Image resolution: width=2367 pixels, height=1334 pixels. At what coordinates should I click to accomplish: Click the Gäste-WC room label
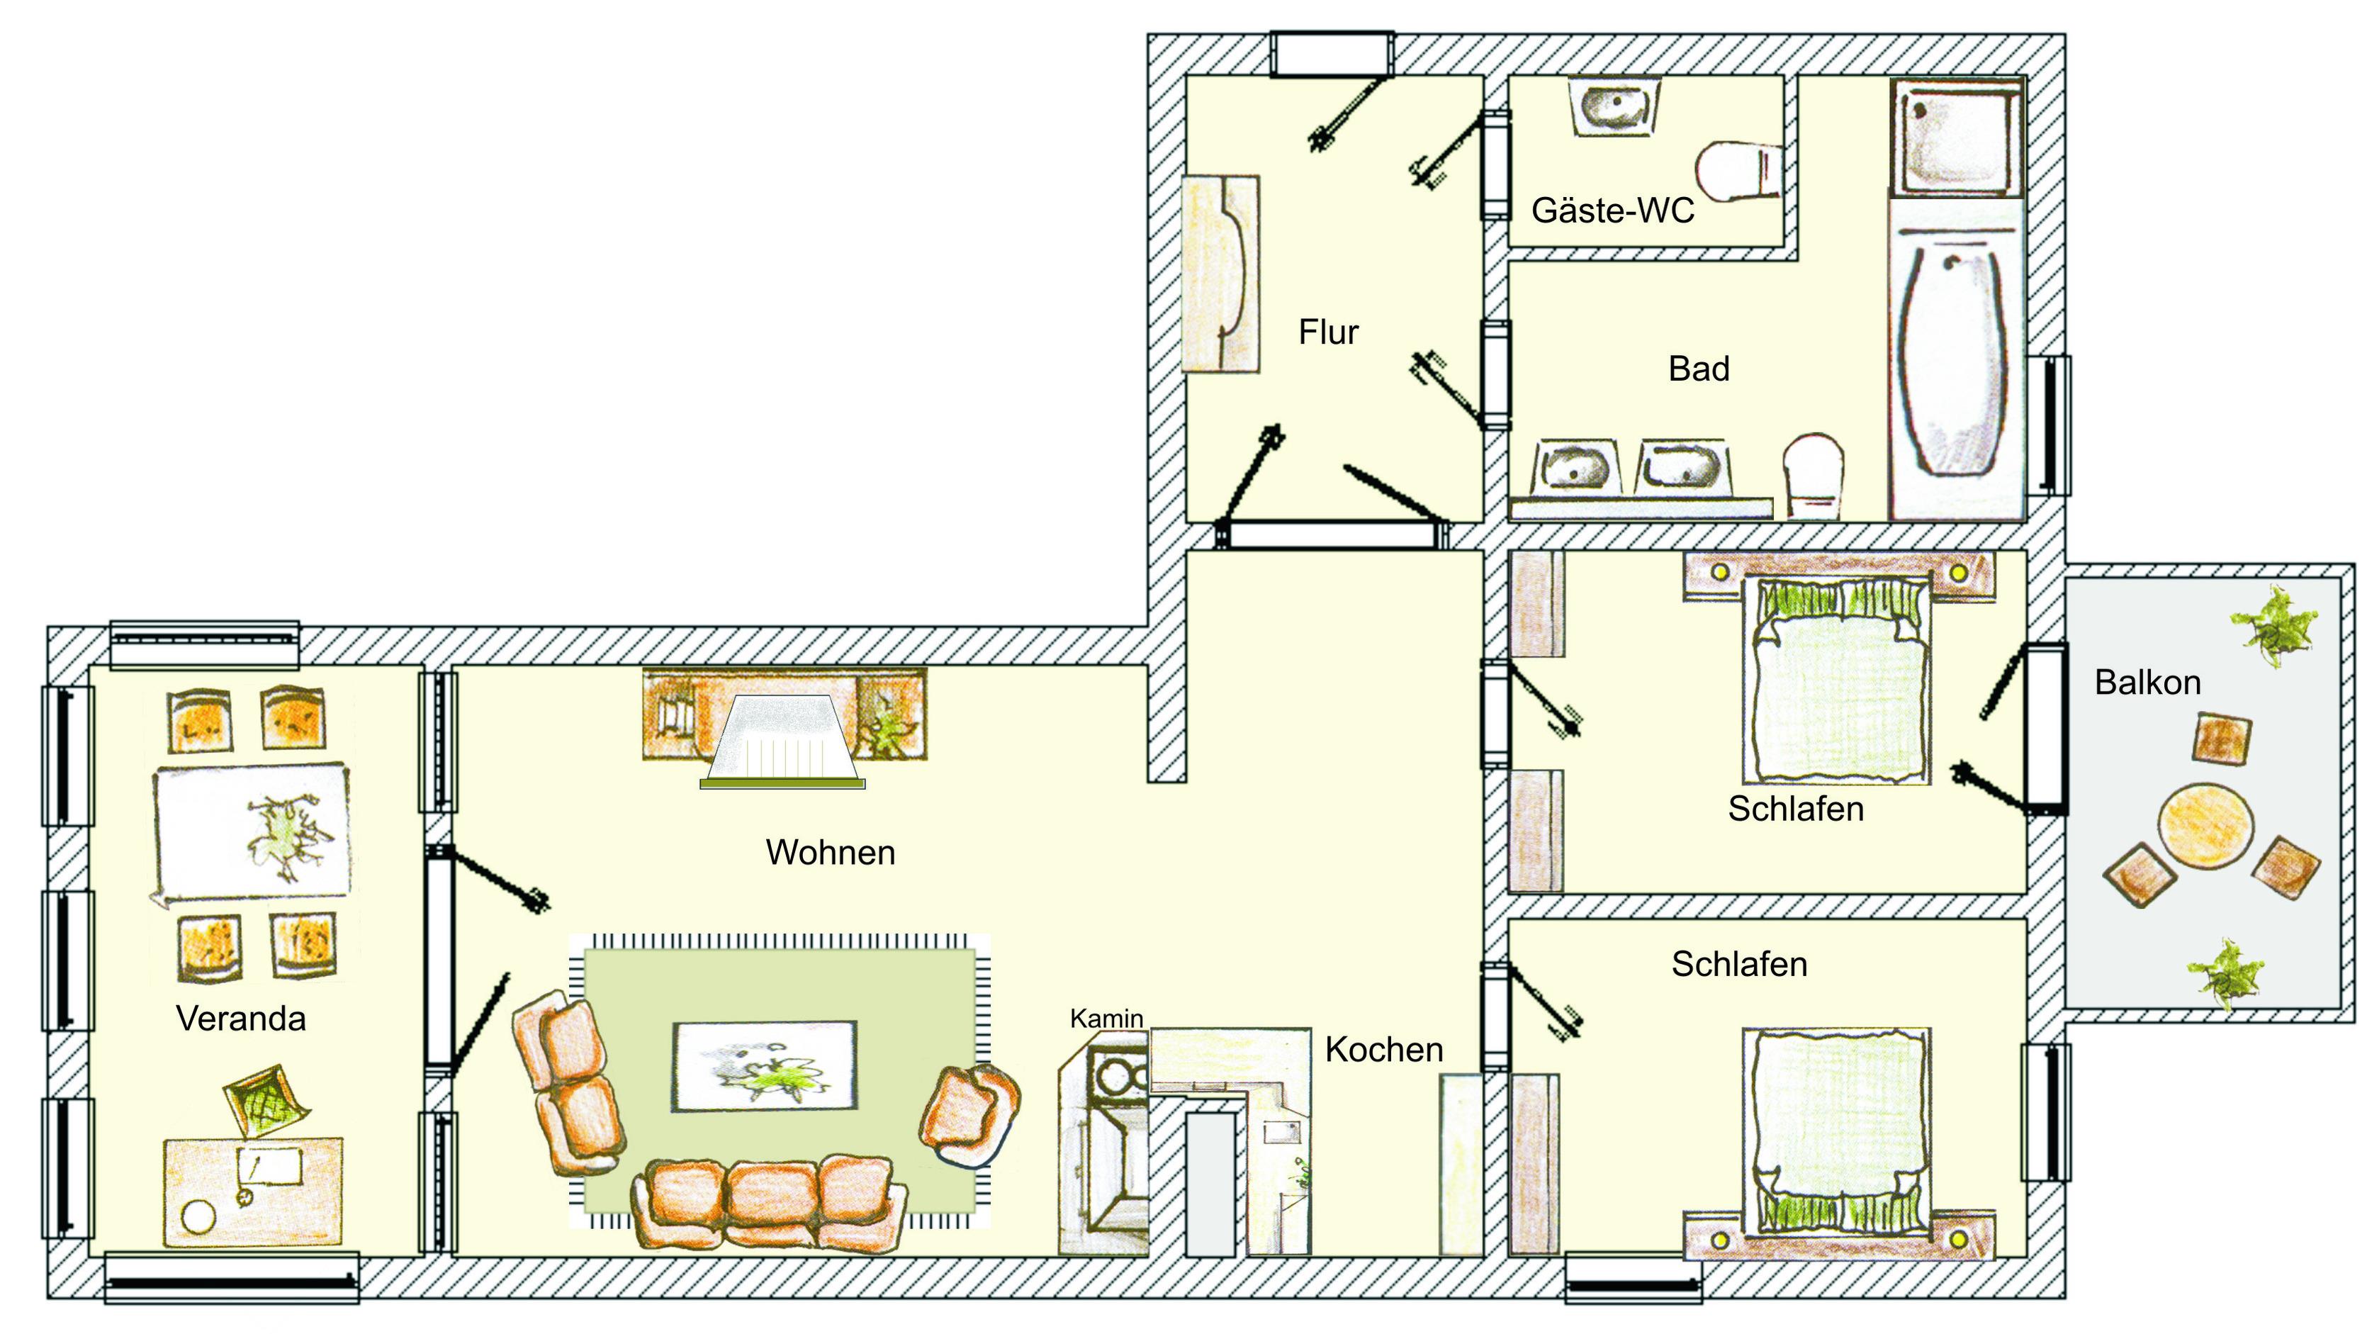point(1613,211)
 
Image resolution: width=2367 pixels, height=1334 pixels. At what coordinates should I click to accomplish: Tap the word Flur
point(1328,332)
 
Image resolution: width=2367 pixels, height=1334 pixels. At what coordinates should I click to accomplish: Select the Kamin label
point(1106,1018)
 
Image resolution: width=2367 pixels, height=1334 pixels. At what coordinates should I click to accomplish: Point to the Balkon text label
point(2147,683)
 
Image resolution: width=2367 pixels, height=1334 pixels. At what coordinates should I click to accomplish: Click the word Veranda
point(241,1019)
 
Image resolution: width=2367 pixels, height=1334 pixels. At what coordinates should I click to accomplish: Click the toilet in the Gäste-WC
point(1737,171)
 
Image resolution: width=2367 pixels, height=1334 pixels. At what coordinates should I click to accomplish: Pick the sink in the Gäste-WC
point(1615,108)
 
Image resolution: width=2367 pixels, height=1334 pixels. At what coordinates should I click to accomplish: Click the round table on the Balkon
point(2205,824)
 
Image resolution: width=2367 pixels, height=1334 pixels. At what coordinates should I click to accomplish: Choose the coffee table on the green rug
point(765,1067)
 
